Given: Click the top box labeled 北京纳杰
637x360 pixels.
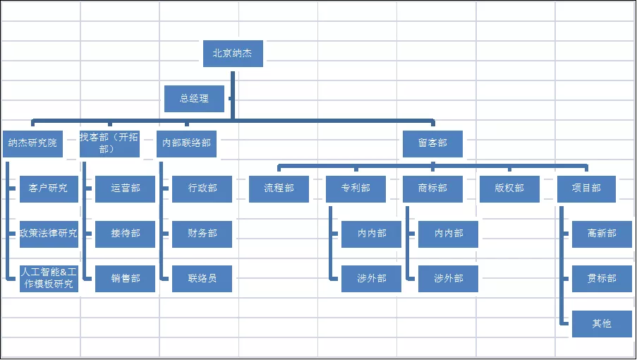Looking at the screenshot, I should click(x=233, y=53).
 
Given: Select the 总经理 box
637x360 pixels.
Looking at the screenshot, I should click(x=194, y=99).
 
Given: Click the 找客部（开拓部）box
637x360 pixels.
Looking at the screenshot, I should click(x=109, y=143).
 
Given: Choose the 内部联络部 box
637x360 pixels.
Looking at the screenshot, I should click(x=186, y=143).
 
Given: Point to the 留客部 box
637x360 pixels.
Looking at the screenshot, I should click(x=432, y=143).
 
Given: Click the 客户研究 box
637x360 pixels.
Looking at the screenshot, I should click(x=49, y=188).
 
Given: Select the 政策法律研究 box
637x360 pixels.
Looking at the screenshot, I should click(x=49, y=234).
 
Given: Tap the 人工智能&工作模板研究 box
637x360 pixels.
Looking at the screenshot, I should click(x=49, y=279).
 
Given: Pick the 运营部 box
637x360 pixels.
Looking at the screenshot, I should click(x=125, y=188).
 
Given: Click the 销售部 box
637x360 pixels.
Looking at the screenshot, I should click(x=125, y=279).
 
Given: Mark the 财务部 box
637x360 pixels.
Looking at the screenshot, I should click(x=202, y=234).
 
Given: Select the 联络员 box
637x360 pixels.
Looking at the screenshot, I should click(x=202, y=279).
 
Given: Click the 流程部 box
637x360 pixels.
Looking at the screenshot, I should click(x=279, y=188).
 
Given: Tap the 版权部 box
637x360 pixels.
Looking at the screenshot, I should click(x=509, y=188).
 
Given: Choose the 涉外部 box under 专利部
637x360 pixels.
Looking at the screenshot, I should click(x=371, y=279).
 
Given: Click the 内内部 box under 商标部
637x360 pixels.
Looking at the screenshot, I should click(x=448, y=234).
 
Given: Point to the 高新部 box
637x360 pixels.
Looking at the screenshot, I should click(x=602, y=234).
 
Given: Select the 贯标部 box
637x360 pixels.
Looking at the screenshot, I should click(x=602, y=279).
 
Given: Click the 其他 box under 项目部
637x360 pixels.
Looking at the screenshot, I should click(x=602, y=324).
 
